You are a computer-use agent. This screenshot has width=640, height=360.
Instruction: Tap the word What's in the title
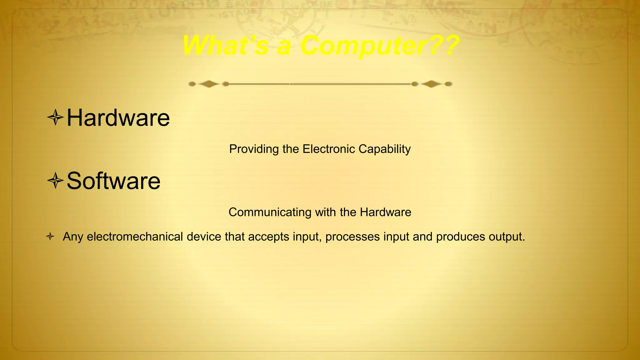pos(225,46)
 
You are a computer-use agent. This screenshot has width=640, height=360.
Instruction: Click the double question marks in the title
pos(444,46)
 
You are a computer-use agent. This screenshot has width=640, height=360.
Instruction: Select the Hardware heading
pos(118,118)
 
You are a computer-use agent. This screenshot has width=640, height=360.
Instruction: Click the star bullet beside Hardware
pos(55,118)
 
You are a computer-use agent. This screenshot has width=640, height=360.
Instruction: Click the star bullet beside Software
pos(55,181)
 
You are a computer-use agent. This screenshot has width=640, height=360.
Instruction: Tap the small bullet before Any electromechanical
pos(50,237)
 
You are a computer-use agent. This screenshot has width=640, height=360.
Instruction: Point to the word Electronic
pos(329,149)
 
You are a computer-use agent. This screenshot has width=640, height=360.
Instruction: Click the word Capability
pos(384,149)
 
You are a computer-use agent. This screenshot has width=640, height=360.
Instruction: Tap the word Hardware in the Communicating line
pos(385,212)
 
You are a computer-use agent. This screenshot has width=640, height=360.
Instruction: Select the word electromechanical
pos(135,237)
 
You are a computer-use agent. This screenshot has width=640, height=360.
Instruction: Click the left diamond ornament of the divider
pos(209,84)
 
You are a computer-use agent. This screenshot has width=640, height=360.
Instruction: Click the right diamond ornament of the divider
pos(431,84)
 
